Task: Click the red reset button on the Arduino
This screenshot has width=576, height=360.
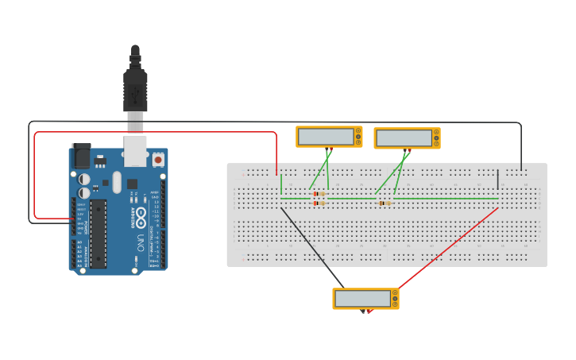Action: (157, 160)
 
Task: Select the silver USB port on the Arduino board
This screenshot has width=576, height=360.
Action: (136, 151)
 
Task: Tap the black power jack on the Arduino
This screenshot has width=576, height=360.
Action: (81, 155)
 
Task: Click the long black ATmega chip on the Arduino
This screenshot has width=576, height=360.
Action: (98, 233)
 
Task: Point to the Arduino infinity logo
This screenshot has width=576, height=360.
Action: (141, 215)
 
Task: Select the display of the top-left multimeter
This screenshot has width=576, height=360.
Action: (326, 137)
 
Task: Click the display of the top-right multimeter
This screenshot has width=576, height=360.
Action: (404, 138)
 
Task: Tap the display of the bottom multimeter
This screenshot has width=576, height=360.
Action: (362, 299)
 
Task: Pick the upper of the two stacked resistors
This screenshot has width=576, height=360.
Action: (319, 194)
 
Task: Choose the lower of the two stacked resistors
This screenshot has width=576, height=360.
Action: (319, 203)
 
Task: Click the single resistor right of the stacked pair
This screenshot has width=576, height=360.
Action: (385, 203)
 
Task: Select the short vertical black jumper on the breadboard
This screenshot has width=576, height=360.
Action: (498, 180)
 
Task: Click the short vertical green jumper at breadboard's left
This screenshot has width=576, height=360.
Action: (281, 184)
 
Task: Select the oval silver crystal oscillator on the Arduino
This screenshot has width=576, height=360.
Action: (117, 182)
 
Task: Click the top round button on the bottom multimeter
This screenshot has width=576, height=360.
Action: (395, 293)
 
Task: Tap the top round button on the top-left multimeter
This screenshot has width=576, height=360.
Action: (358, 131)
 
